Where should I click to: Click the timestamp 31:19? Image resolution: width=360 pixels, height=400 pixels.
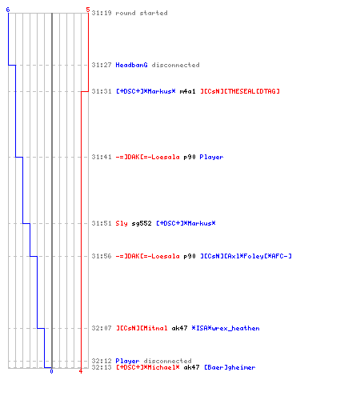102,13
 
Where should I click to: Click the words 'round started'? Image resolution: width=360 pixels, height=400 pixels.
142,13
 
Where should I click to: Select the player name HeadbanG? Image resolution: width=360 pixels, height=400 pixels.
131,65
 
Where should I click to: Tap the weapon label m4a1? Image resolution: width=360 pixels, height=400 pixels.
187,91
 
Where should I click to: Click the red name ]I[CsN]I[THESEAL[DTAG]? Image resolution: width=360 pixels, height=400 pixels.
240,91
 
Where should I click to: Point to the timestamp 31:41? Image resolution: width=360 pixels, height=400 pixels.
102,157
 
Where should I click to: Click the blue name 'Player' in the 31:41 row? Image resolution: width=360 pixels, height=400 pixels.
211,157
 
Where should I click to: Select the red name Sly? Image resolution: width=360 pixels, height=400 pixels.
122,223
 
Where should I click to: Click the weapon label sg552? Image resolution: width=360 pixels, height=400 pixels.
142,223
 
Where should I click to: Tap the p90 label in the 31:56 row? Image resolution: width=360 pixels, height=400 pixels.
190,256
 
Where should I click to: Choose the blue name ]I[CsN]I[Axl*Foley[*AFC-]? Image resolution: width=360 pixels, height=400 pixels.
246,256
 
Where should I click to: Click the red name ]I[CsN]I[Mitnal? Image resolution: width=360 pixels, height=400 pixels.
142,328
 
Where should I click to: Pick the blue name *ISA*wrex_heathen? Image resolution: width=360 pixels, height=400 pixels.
226,328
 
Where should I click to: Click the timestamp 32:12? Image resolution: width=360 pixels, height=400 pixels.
102,361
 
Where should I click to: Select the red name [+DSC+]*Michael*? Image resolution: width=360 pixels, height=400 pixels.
148,367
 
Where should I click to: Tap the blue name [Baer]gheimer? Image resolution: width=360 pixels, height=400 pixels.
230,367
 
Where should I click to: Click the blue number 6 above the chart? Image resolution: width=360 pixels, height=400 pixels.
8,10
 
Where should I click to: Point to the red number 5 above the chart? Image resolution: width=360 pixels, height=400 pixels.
88,10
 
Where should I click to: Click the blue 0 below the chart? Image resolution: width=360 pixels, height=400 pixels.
51,371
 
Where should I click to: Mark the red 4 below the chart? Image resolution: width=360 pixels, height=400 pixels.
81,371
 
